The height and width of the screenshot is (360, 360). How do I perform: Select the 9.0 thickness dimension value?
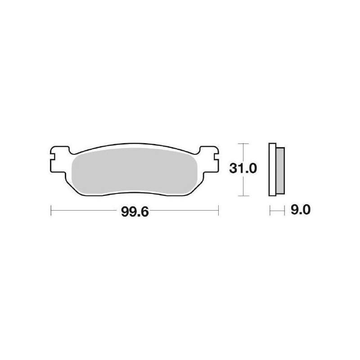tap(300, 210)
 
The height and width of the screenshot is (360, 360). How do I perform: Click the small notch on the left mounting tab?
tap(53, 158)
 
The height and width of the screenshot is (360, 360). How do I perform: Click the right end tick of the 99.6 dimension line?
tap(218, 210)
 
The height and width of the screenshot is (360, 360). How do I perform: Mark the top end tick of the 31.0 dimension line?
tap(243, 144)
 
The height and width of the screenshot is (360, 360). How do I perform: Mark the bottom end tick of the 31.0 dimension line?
tap(243, 196)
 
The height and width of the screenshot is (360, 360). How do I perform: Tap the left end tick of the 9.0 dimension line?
tap(270, 210)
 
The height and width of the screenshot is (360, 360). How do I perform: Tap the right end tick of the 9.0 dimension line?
tap(285, 210)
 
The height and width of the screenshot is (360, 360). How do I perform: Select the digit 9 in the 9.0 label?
tap(294, 210)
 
